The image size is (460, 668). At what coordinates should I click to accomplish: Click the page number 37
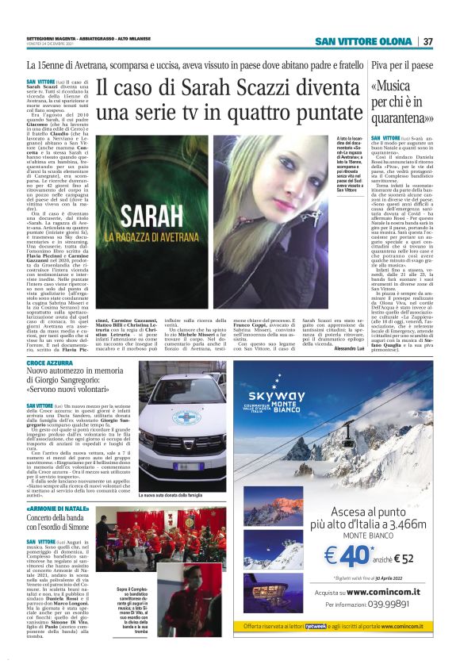tap(427, 41)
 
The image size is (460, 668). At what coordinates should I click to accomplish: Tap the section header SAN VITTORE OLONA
tap(363, 41)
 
